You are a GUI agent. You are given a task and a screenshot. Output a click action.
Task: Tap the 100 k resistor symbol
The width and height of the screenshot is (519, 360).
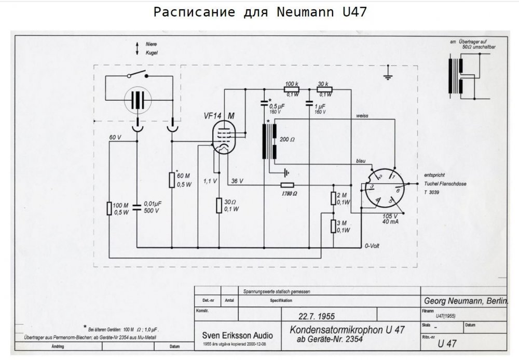(x=291, y=89)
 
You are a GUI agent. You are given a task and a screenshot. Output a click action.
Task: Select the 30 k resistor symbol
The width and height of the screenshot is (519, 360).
(x=324, y=89)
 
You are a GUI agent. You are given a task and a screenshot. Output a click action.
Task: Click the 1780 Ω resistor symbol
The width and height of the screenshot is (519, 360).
(x=287, y=185)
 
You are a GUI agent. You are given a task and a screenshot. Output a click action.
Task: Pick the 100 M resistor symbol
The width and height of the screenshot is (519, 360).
(x=109, y=208)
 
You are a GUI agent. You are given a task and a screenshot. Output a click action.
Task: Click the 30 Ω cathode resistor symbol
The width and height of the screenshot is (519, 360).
(x=218, y=205)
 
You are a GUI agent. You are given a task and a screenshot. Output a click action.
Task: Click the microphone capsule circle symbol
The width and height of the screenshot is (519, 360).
(x=138, y=100)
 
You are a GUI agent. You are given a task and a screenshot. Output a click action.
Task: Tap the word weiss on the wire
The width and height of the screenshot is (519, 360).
(x=362, y=115)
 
